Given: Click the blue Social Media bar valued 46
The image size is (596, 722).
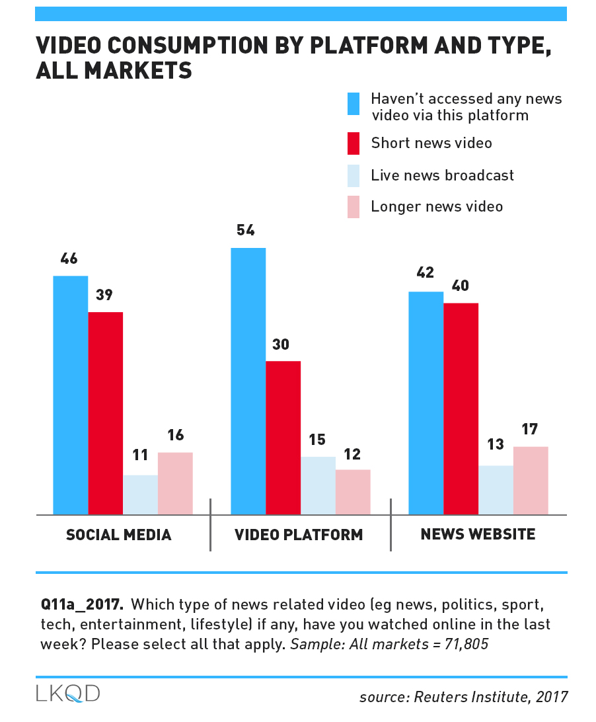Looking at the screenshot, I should coord(71,395).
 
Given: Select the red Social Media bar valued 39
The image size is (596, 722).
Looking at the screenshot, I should coord(106,413).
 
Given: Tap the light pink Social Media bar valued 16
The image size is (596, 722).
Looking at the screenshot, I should coord(175,483).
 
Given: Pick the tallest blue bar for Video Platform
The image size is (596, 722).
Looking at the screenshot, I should coord(248,381).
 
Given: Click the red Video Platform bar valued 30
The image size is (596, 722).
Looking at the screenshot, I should coord(283,437).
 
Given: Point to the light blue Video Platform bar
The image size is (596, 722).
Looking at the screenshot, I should coord(318,485).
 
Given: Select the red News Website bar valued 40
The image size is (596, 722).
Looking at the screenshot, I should coord(461,409).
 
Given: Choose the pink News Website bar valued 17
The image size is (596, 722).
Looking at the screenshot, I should coord(531,481).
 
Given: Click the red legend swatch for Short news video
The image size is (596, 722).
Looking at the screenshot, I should coord(354,143).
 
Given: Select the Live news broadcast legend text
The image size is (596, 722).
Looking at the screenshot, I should coord(442,175).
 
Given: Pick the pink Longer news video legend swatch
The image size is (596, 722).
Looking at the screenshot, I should coord(354,207).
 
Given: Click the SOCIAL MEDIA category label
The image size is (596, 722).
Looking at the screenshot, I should coord(119,535).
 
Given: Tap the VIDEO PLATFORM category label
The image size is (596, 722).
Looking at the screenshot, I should coord(299,535).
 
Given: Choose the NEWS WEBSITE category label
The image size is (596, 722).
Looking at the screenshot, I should coord(478,534).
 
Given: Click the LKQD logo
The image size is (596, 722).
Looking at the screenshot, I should coord(68,694).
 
